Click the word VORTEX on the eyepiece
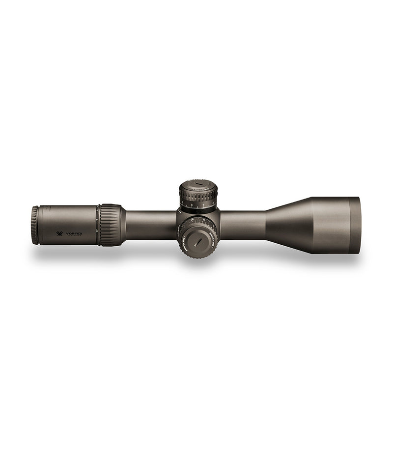coord(75,234)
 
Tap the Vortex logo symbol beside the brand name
coord(60,234)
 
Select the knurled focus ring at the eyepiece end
coord(35,225)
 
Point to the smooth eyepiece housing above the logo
coord(69,216)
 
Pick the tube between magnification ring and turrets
coord(150,225)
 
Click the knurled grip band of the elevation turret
coord(198,195)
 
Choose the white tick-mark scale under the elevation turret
coord(198,207)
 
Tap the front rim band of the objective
coord(355,225)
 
